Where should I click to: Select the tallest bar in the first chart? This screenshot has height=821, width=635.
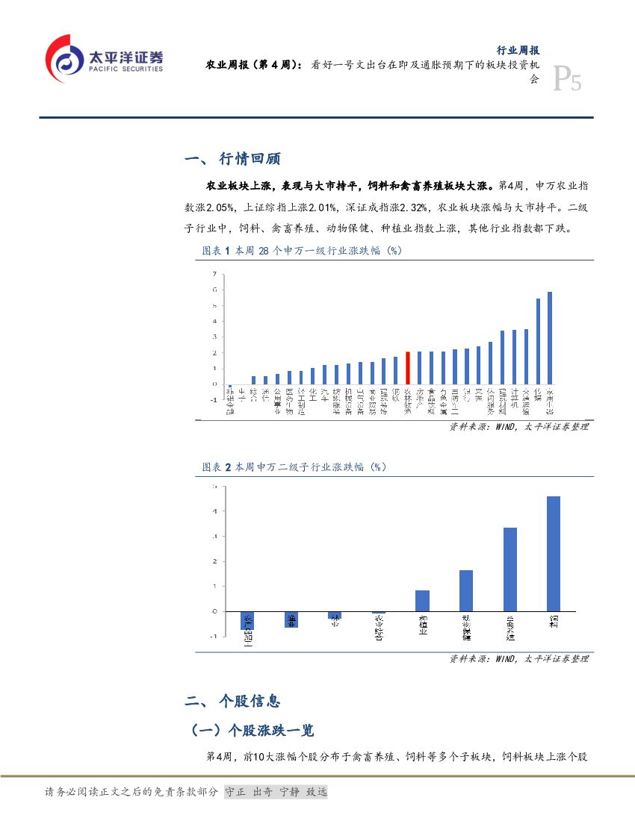[x=550, y=338]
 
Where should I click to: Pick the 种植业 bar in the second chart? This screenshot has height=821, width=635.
[x=422, y=601]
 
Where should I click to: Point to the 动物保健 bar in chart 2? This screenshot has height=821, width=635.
[x=466, y=591]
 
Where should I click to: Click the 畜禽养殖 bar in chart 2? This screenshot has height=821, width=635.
[x=510, y=569]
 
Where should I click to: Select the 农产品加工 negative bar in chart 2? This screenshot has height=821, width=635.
[x=248, y=619]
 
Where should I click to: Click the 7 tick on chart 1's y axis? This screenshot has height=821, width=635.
[x=214, y=274]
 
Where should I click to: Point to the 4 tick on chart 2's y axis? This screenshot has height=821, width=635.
[x=214, y=511]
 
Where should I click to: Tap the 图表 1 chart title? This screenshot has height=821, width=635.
[x=302, y=252]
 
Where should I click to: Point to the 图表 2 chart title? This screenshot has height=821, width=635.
[x=294, y=467]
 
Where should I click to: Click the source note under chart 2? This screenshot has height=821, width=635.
[x=518, y=659]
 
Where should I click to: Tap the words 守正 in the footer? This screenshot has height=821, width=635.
[x=235, y=791]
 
